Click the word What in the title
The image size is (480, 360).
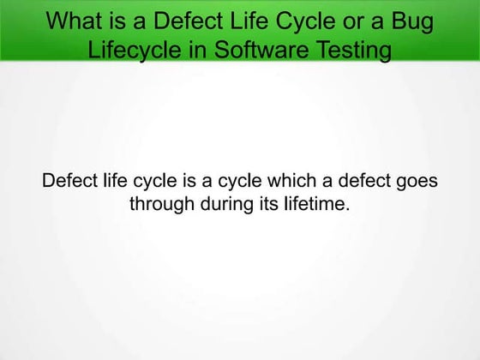[74, 21]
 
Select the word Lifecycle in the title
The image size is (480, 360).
[133, 49]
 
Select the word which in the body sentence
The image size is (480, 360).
[269, 182]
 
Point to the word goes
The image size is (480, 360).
[417, 182]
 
